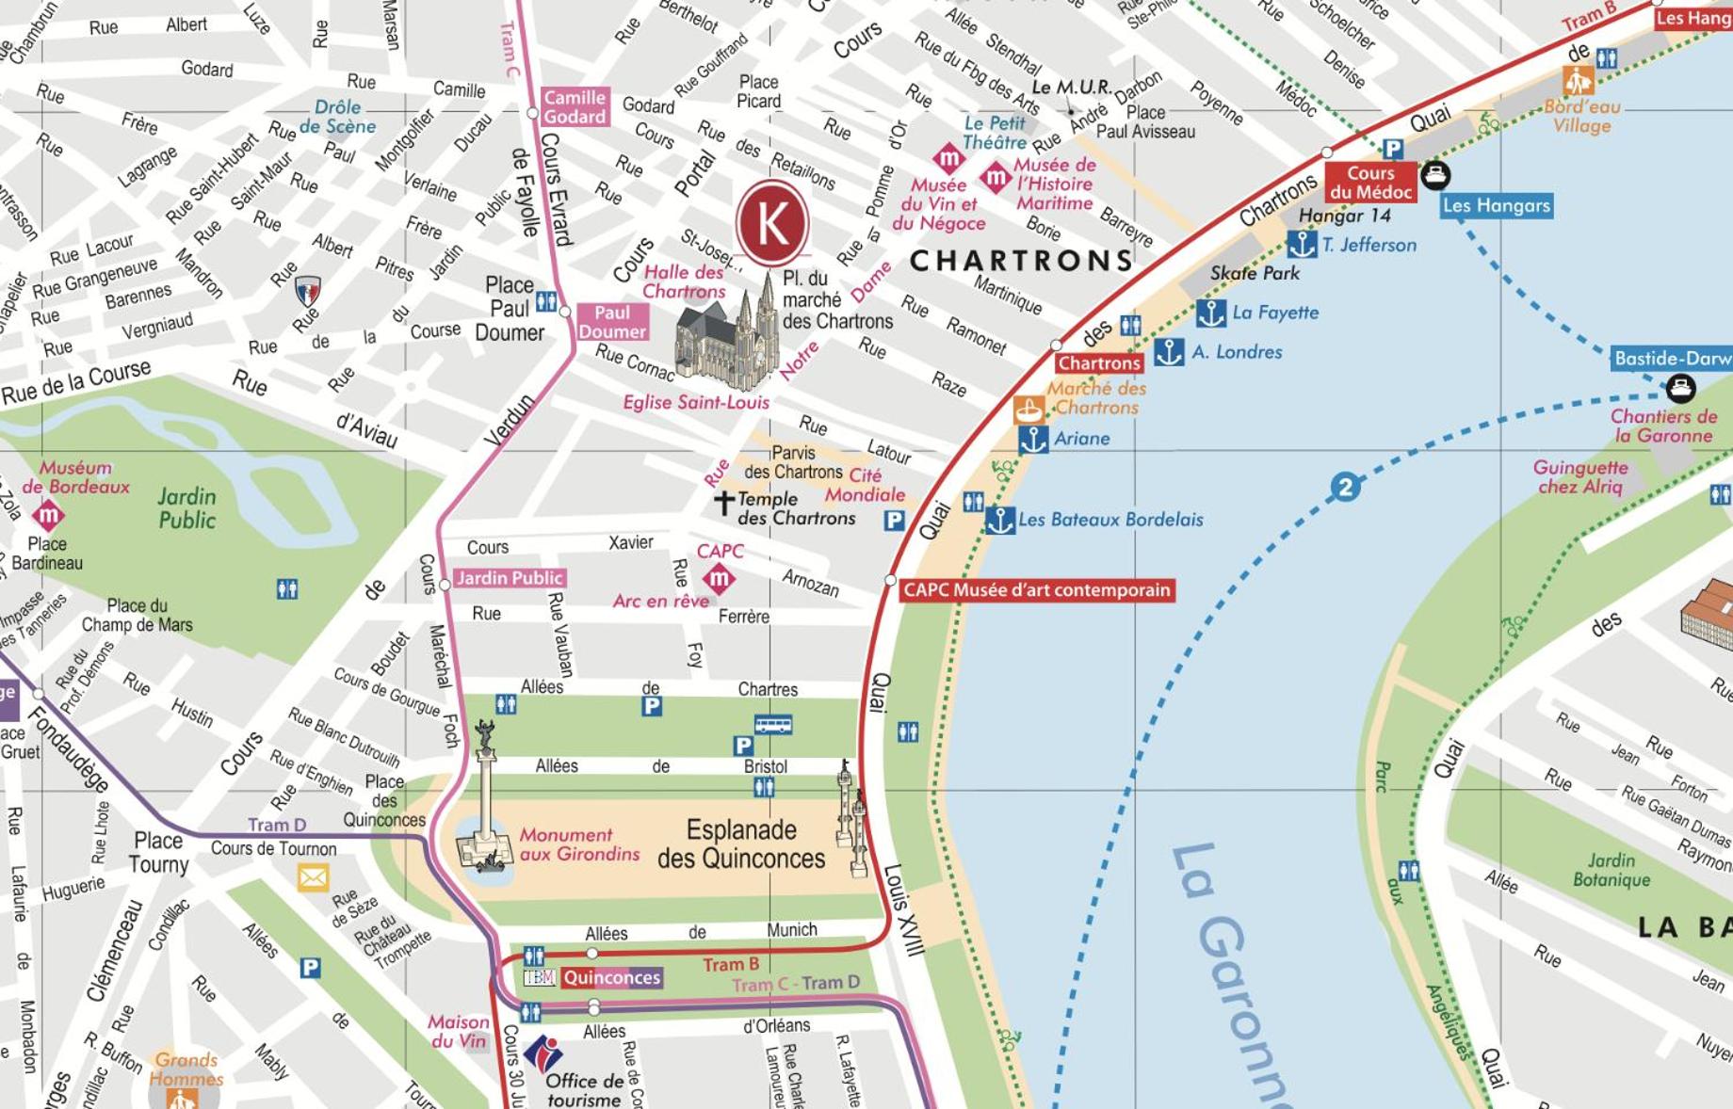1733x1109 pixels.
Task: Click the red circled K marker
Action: click(772, 224)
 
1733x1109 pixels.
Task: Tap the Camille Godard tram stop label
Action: click(575, 106)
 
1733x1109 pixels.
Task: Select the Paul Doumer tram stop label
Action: click(612, 322)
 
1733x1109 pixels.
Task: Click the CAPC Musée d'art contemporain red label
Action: click(1036, 590)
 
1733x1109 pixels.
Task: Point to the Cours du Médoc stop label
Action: click(1370, 183)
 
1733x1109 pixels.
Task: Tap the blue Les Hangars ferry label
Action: click(1496, 205)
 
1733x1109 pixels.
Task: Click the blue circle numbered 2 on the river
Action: click(1345, 487)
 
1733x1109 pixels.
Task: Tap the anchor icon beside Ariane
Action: click(1033, 439)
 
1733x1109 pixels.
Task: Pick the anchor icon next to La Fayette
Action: click(1211, 313)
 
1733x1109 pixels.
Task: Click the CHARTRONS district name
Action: click(1020, 261)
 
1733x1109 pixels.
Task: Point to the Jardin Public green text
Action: click(186, 508)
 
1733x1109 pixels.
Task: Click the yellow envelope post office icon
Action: click(313, 878)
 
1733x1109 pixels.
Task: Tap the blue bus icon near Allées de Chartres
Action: click(772, 724)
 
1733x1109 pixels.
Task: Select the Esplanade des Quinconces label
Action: click(741, 844)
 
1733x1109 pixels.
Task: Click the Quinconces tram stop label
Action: click(611, 977)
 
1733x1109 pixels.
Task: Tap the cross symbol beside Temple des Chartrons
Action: click(723, 503)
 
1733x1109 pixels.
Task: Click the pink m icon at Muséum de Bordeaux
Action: click(48, 515)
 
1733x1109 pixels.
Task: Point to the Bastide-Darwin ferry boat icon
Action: click(1680, 387)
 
